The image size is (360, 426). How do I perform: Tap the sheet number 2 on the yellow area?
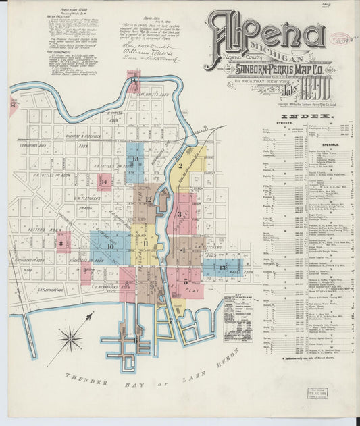click(180, 165)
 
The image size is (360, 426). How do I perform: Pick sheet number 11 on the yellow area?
click(145, 244)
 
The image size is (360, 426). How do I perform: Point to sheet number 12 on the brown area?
click(148, 199)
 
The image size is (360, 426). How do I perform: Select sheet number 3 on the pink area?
click(180, 215)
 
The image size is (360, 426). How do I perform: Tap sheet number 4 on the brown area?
click(183, 250)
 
